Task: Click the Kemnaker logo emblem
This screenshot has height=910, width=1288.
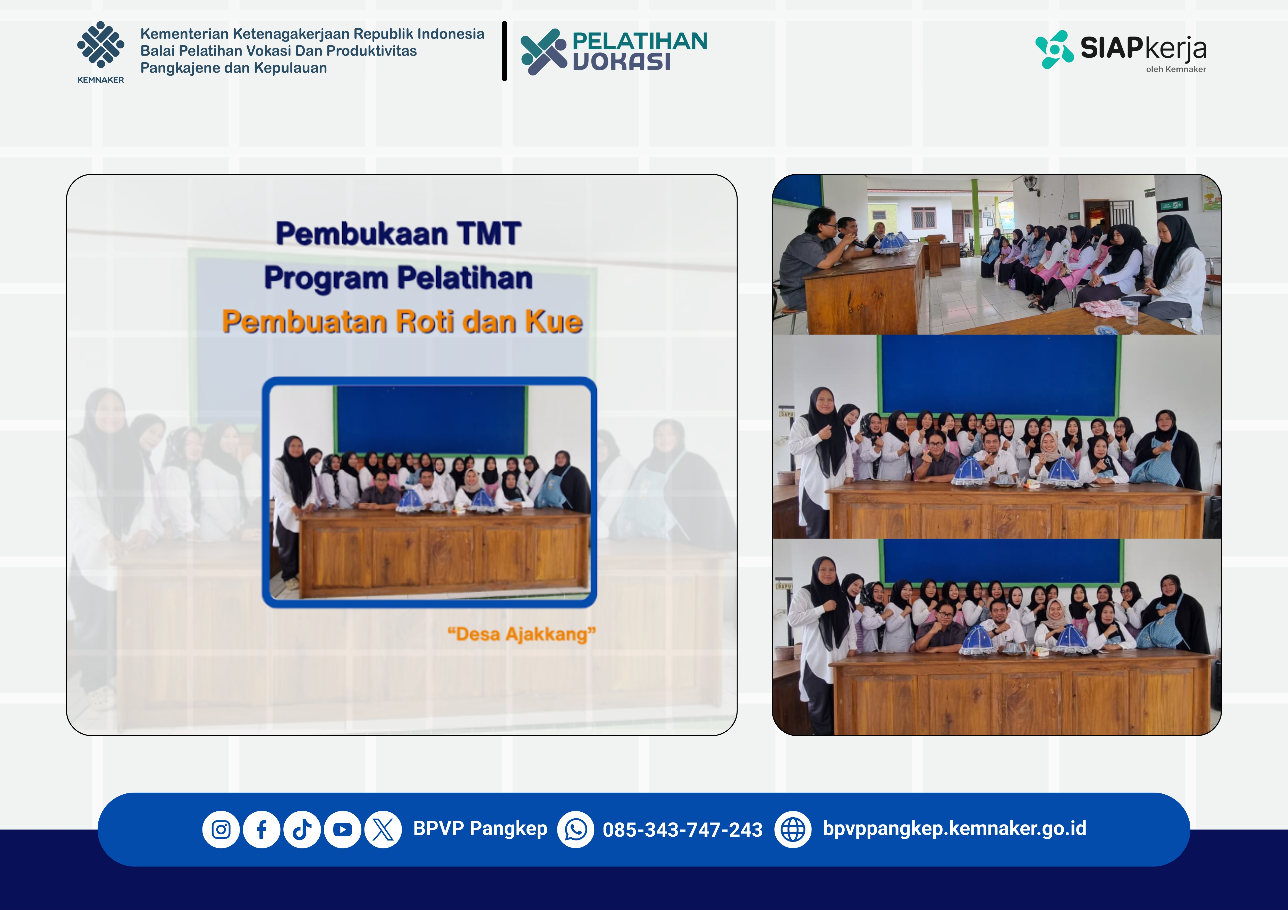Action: (x=101, y=45)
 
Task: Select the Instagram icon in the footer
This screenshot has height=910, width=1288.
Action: (x=221, y=829)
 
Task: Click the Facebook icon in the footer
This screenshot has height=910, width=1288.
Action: (x=261, y=829)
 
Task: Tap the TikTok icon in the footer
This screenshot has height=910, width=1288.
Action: (x=302, y=829)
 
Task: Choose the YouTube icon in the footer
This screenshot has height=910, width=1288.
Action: (x=342, y=829)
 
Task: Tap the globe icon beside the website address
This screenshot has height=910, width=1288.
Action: (x=793, y=829)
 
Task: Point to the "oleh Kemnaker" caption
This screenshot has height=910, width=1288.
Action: (x=1176, y=70)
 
